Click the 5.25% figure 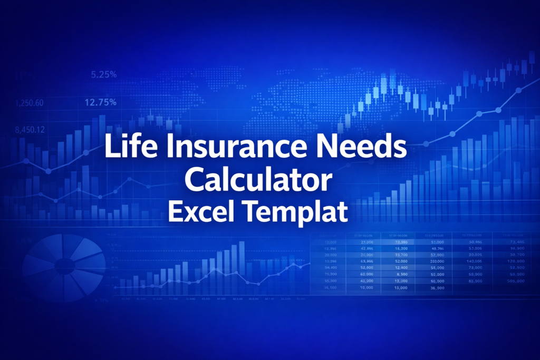click(104, 75)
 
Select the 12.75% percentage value click(100, 103)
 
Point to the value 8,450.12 click(30, 130)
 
